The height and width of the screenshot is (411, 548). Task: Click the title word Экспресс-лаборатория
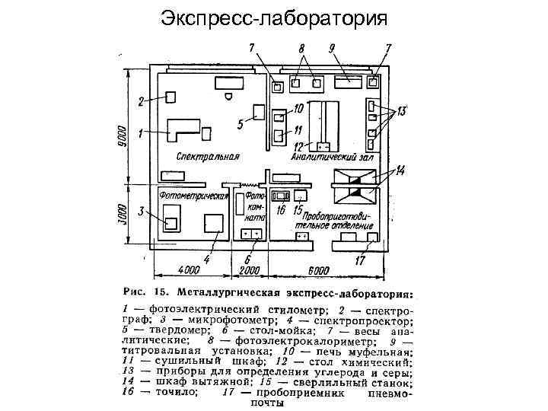tap(274, 18)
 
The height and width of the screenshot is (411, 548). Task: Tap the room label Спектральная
tap(208, 158)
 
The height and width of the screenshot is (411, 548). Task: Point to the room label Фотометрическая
tap(194, 196)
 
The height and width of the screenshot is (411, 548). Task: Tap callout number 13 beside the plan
tap(401, 111)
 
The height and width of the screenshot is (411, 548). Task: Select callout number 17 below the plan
tap(359, 260)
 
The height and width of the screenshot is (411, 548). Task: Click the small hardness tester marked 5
tap(259, 112)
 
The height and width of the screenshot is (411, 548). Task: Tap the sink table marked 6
tap(251, 234)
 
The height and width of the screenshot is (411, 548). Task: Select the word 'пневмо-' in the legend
tap(381, 393)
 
